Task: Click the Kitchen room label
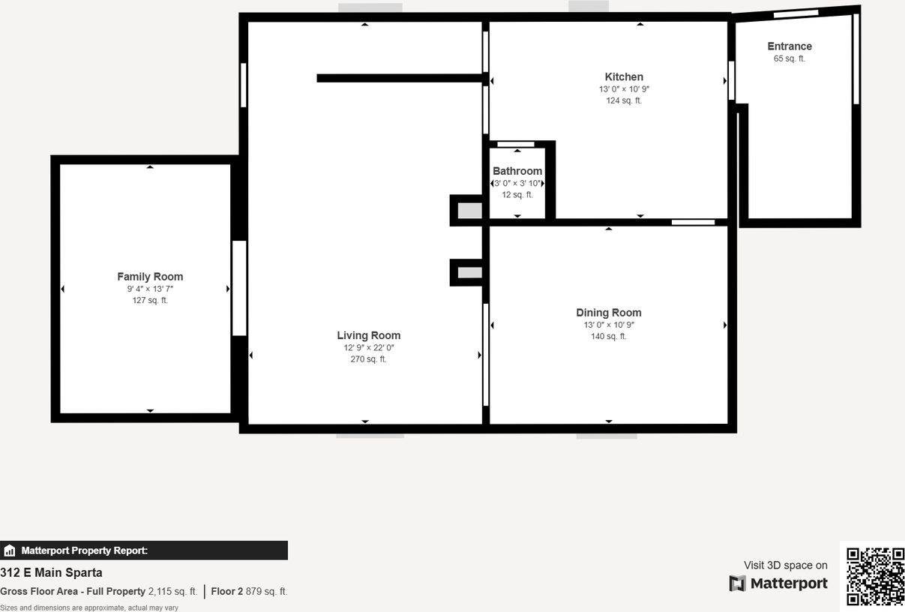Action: [624, 76]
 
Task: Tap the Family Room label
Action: [150, 277]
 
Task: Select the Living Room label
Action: [368, 335]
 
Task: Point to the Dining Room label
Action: [608, 313]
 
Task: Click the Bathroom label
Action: [517, 171]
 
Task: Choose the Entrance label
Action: [790, 46]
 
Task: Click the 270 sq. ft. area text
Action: [368, 359]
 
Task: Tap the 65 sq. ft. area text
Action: [790, 58]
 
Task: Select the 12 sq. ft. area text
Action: [517, 195]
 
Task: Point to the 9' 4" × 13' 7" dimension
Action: [150, 289]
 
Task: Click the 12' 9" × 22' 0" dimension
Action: [368, 347]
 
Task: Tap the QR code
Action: [875, 576]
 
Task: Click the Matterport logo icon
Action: [738, 583]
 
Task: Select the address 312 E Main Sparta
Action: [51, 573]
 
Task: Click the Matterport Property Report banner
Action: [144, 550]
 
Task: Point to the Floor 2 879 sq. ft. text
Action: [249, 591]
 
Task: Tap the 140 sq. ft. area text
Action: [608, 337]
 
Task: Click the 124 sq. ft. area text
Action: [624, 100]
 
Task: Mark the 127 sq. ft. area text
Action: [150, 301]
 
